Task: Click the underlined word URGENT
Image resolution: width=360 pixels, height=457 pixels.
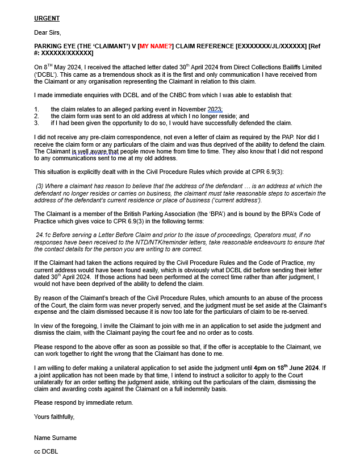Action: click(x=47, y=19)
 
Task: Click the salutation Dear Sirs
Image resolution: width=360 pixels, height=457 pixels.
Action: click(x=47, y=32)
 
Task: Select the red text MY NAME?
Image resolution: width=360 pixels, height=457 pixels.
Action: click(x=156, y=46)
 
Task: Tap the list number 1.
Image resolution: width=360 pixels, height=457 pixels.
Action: click(x=36, y=109)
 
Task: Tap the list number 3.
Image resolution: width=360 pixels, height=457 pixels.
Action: click(x=36, y=123)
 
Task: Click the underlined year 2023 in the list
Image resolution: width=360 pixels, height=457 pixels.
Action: click(x=215, y=109)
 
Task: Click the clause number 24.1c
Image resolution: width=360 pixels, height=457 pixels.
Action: click(x=45, y=235)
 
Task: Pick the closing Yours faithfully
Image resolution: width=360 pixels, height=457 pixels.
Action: click(x=54, y=417)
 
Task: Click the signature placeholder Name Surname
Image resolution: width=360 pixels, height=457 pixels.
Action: click(x=55, y=438)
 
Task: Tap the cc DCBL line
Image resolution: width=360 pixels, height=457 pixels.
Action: click(x=46, y=451)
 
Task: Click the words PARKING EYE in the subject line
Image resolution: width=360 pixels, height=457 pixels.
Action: click(x=53, y=46)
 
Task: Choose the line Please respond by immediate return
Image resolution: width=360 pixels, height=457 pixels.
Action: click(x=83, y=402)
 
